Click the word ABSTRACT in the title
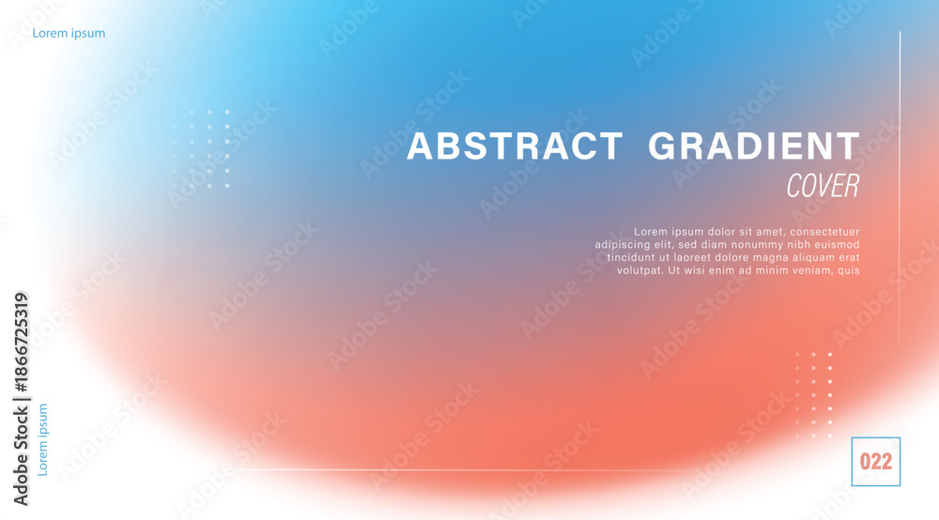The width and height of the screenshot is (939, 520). (515, 146)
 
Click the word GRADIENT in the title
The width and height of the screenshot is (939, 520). (754, 146)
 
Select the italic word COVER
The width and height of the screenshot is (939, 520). (823, 186)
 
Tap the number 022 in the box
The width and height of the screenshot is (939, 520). (875, 462)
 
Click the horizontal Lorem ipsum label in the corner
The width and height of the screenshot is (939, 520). (69, 34)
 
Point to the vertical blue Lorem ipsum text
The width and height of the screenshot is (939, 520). (42, 440)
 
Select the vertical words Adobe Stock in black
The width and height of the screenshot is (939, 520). (21, 456)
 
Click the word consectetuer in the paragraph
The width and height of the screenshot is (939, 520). (824, 232)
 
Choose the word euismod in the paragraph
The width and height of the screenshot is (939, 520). (838, 245)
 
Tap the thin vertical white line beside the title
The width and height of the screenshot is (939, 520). (900, 187)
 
